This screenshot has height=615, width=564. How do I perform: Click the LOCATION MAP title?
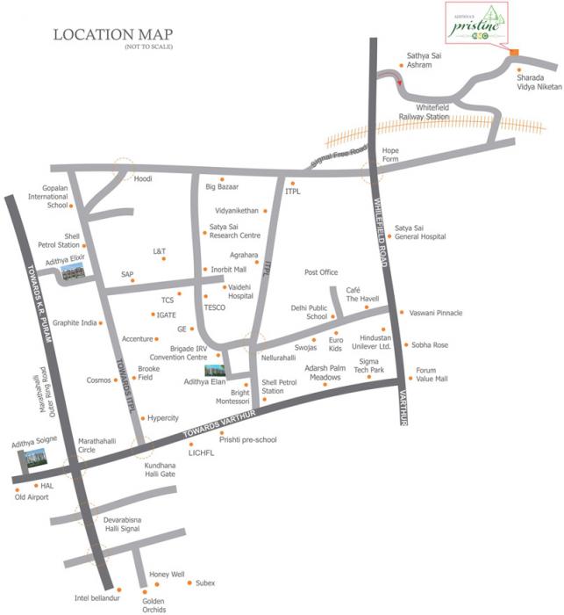click(113, 36)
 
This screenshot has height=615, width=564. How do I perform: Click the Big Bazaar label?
click(222, 187)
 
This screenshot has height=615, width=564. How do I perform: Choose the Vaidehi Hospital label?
click(240, 292)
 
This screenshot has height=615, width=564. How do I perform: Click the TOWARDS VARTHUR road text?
click(219, 424)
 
